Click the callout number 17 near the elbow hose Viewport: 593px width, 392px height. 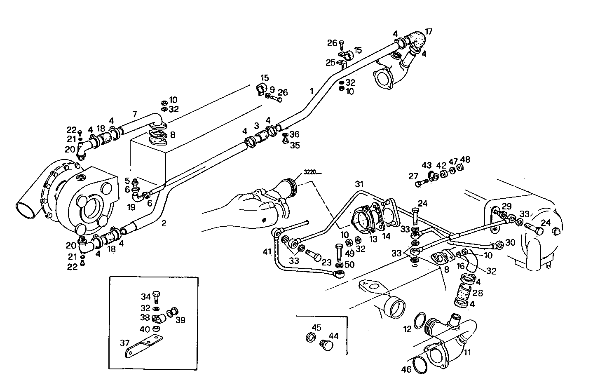429,31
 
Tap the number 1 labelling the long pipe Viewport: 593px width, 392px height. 312,90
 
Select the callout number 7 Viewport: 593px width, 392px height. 134,114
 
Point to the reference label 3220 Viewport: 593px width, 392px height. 311,172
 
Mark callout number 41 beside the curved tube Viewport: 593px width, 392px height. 267,251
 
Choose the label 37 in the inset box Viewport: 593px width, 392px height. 124,343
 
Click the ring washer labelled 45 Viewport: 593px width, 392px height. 310,337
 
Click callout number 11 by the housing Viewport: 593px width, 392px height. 467,352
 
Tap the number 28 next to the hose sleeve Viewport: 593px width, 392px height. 478,293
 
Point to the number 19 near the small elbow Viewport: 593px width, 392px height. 131,207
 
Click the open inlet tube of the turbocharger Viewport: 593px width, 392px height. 26,211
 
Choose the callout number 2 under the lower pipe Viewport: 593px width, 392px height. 164,223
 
